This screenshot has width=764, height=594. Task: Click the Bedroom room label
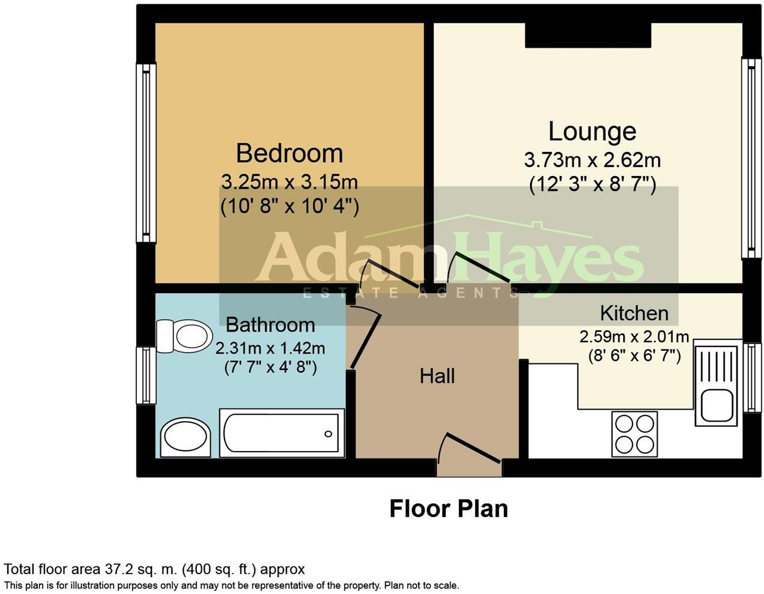(x=289, y=153)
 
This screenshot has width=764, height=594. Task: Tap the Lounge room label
(x=592, y=132)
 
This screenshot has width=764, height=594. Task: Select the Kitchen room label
(x=634, y=313)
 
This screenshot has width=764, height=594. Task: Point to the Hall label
(x=437, y=377)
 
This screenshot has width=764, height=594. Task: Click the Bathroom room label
(x=270, y=325)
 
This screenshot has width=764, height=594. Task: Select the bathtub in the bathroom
(x=281, y=433)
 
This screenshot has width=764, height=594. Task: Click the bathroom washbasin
(x=186, y=437)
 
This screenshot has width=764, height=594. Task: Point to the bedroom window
(x=145, y=153)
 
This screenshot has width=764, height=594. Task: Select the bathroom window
(x=145, y=375)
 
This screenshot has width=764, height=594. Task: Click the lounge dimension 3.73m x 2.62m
(x=592, y=160)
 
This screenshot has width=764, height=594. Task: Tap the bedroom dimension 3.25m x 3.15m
(x=289, y=181)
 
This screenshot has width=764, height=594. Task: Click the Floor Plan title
(x=449, y=509)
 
